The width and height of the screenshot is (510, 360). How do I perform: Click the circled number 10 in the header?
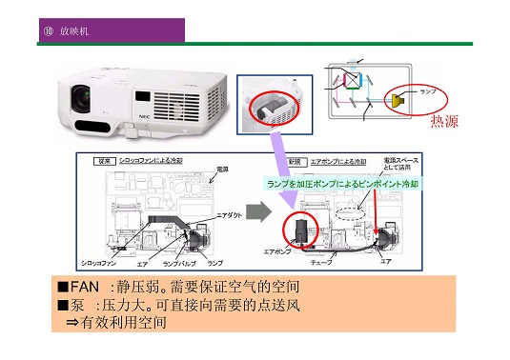tap(48, 31)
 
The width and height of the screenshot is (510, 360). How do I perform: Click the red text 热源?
tap(445, 121)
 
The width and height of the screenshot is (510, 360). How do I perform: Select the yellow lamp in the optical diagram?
tap(396, 98)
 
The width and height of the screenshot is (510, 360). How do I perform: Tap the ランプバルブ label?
tap(180, 261)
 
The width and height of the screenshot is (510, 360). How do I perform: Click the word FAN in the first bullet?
tap(88, 287)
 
